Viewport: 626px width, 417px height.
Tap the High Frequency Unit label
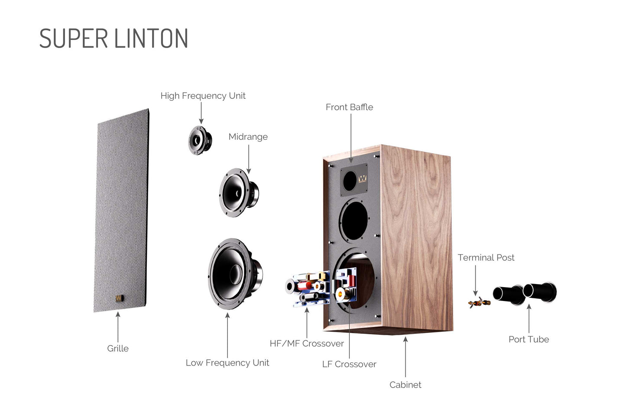point(203,96)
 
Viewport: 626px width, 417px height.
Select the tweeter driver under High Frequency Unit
point(200,140)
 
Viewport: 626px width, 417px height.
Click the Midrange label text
point(248,137)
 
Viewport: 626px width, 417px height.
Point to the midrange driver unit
point(238,192)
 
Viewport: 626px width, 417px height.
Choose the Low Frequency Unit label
point(227,363)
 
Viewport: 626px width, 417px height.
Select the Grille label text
point(117,349)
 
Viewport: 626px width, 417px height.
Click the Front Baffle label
point(349,107)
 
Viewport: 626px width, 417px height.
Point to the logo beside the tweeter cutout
point(362,178)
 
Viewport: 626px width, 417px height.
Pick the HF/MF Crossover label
point(306,344)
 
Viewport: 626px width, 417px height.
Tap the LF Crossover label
point(349,365)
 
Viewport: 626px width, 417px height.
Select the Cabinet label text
point(405,385)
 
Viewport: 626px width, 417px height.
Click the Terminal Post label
point(486,258)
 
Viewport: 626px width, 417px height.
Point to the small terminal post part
point(479,302)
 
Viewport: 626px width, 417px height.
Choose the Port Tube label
point(529,339)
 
